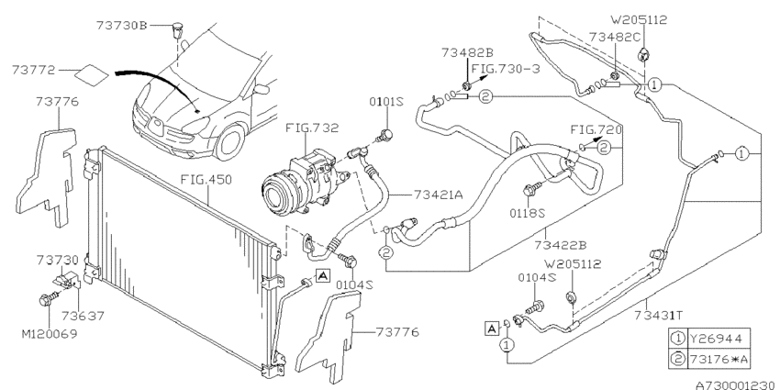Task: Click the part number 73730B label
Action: (x=121, y=25)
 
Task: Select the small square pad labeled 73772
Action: (x=92, y=73)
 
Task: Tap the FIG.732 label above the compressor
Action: (x=312, y=128)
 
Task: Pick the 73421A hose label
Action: (x=438, y=194)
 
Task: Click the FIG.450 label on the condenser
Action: (x=206, y=180)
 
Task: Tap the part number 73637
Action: (x=84, y=316)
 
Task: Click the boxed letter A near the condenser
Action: (x=323, y=275)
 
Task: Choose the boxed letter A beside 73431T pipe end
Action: (x=492, y=329)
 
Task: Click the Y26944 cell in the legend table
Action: (x=716, y=339)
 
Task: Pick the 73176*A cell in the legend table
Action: (x=719, y=359)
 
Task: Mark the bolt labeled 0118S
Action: (x=529, y=191)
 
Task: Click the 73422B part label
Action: (x=561, y=245)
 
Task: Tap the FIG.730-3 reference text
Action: (x=506, y=69)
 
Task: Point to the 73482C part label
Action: (x=614, y=37)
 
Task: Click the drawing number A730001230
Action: (x=737, y=384)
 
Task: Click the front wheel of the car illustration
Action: (x=230, y=141)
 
